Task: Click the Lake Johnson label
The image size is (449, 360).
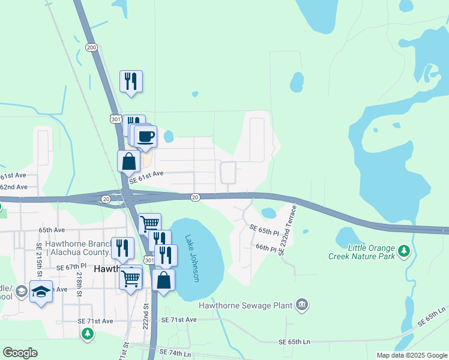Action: tap(192, 258)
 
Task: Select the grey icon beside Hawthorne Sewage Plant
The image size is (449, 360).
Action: tap(301, 305)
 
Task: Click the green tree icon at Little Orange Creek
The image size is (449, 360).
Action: tap(405, 250)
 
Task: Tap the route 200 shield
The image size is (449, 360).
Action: tap(91, 47)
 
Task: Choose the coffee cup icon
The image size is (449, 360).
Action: tap(145, 137)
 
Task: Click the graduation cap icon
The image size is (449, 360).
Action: tap(40, 292)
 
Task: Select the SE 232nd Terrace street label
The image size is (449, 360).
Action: tap(288, 231)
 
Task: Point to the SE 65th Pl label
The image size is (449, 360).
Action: tap(265, 230)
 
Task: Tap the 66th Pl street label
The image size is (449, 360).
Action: tap(265, 247)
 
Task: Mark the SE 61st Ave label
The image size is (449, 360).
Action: tap(146, 173)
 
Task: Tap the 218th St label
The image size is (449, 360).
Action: tap(78, 281)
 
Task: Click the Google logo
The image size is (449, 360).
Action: tap(20, 353)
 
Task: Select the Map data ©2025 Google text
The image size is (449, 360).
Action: tap(411, 355)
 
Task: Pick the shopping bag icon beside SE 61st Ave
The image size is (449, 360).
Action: tap(129, 161)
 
